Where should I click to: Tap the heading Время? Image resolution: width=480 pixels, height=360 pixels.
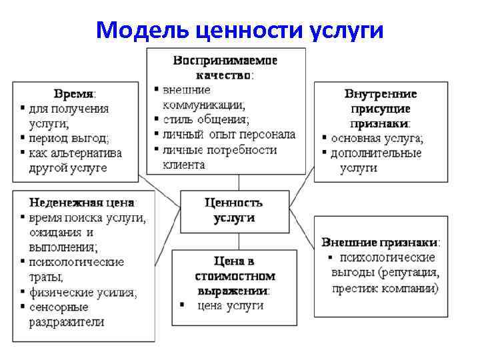click(74, 93)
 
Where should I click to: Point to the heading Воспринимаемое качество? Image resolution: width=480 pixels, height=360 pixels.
click(225, 67)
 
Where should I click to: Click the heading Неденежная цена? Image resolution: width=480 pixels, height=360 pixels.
click(81, 201)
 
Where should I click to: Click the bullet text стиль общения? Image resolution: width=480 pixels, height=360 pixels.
click(206, 119)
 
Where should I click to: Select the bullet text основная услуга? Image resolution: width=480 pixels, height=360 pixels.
click(377, 138)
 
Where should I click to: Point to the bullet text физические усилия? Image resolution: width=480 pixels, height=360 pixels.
click(83, 292)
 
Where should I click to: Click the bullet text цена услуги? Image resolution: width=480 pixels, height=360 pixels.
click(231, 306)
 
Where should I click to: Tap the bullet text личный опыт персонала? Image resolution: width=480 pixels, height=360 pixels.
click(229, 135)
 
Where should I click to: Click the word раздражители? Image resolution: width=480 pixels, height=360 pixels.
click(66, 322)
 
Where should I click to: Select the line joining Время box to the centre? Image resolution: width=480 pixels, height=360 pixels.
click(161, 189)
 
